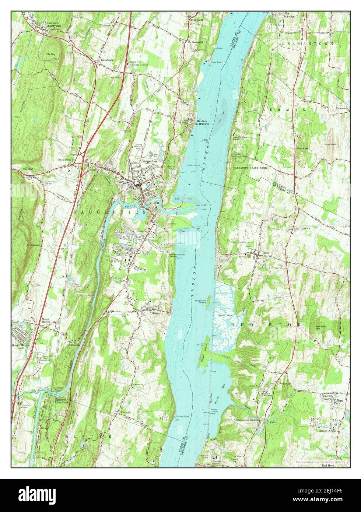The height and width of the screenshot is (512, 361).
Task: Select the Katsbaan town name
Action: click(104, 60)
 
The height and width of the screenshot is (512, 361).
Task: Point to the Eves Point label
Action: click(217, 62)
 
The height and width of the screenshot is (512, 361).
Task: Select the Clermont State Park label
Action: click(250, 167)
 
